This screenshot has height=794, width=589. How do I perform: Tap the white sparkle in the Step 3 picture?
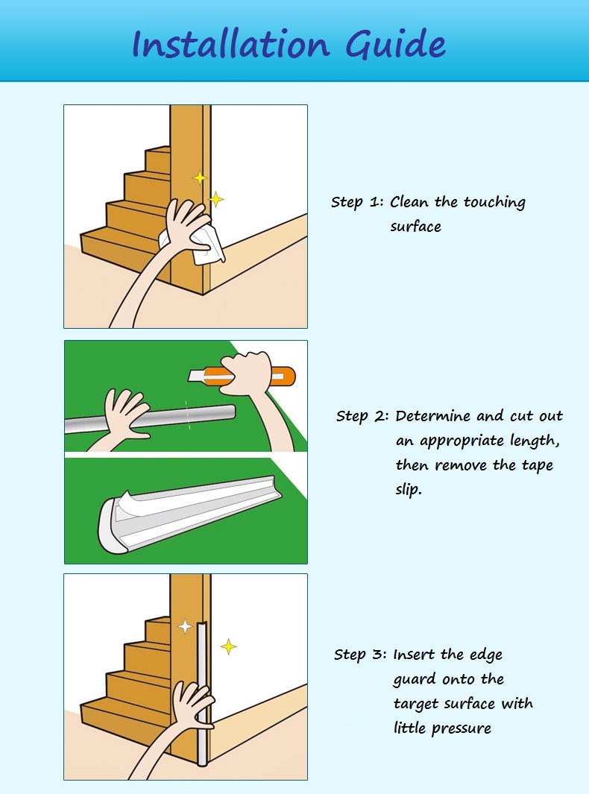pos(186,626)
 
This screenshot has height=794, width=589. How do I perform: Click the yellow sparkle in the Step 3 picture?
pos(228,646)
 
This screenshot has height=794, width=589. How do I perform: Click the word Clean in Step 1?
pos(410,201)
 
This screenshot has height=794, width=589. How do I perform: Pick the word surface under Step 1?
pos(416,227)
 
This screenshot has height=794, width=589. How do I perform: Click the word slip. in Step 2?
pos(408,490)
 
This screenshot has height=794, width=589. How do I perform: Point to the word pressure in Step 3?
pos(461,729)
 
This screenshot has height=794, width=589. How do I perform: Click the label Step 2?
pos(362,417)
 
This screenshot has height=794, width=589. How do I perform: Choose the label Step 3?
pos(360,655)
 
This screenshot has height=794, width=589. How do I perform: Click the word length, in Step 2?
pos(535,441)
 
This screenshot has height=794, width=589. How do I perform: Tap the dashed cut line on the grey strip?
pos(187,415)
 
